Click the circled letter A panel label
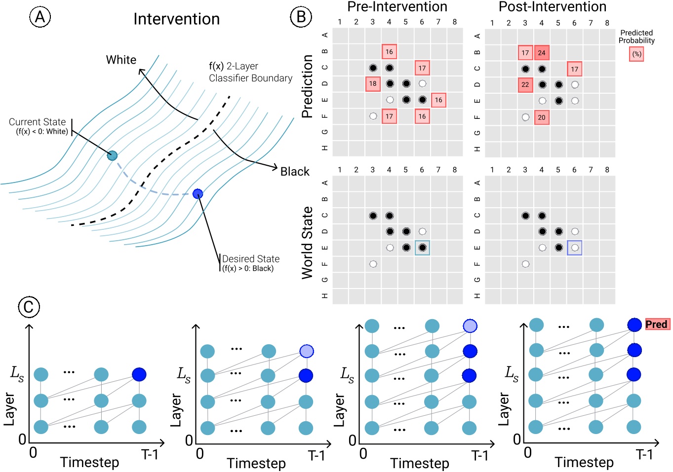pos(40,17)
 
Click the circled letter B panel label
pos(301,17)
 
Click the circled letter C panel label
pos(29,307)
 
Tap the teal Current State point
pos(113,156)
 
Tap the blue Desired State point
pos(198,194)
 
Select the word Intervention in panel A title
pos(176,19)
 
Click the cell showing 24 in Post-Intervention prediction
pos(542,53)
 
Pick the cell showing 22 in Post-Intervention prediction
pos(525,85)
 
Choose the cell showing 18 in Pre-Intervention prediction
pos(373,84)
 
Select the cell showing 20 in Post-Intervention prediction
pos(542,117)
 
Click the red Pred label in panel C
pos(657,325)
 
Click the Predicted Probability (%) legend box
pos(637,54)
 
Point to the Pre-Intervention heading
pos(397,7)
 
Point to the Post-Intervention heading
pos(552,7)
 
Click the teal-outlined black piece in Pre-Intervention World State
pos(422,248)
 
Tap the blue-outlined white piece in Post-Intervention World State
pos(575,248)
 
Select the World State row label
pos(307,243)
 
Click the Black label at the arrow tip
pos(295,172)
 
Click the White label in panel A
pos(121,60)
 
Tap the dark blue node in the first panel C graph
pos(139,374)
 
